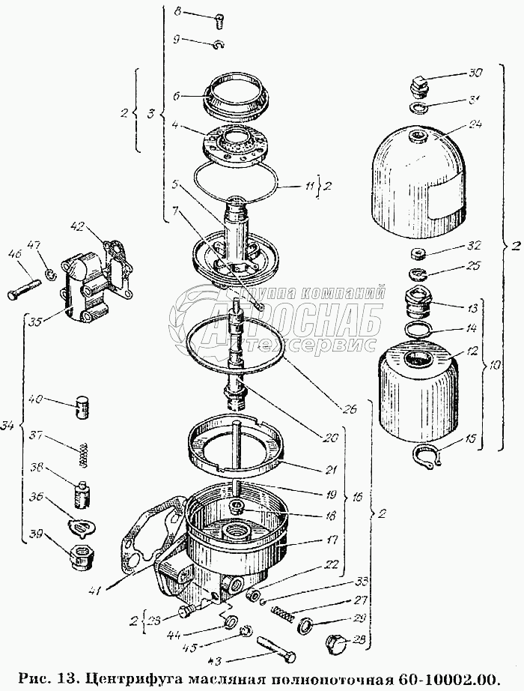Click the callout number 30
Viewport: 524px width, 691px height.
coord(476,73)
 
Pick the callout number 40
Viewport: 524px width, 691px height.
coord(35,399)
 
